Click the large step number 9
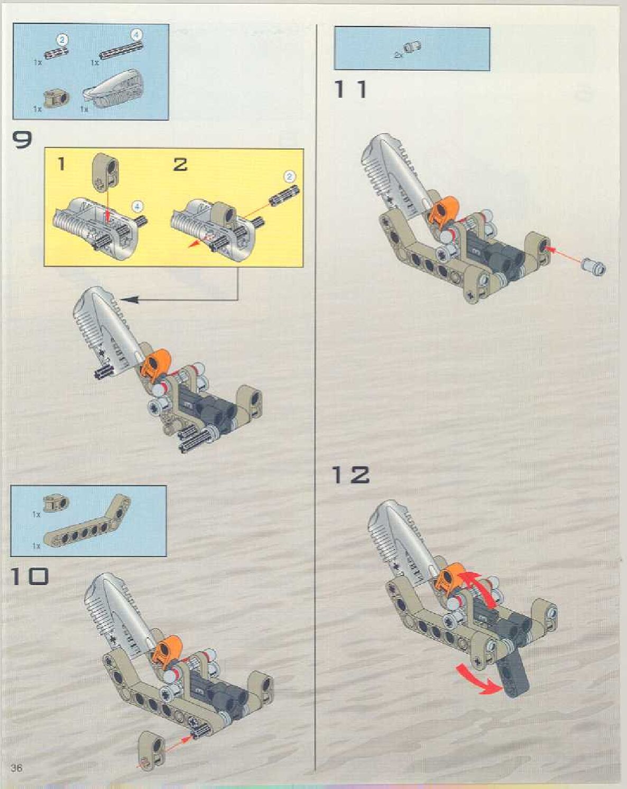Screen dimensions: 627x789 pos(22,140)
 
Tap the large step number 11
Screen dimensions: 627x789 pos(351,89)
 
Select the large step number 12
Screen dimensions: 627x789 pos(351,475)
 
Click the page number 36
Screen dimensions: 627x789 pos(16,767)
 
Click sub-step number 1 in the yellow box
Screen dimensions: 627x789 pos(61,164)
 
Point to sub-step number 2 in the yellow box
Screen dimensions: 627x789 pos(180,164)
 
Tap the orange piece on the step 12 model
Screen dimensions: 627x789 pos(448,577)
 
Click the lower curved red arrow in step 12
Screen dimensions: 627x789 pos(479,679)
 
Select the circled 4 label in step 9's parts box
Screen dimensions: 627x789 pos(136,35)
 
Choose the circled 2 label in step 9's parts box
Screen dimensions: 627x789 pos(62,39)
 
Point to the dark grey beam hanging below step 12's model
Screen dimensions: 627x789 pos(514,674)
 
